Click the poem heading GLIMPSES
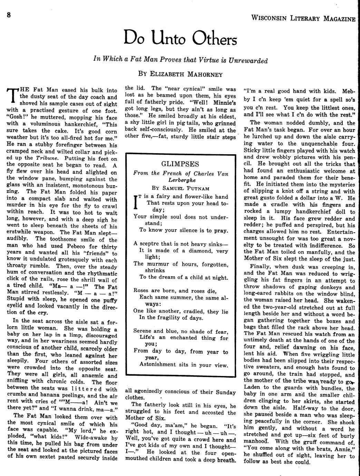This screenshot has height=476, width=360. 180,164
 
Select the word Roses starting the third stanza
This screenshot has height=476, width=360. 141,290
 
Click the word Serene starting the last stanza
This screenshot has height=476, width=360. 143,331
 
